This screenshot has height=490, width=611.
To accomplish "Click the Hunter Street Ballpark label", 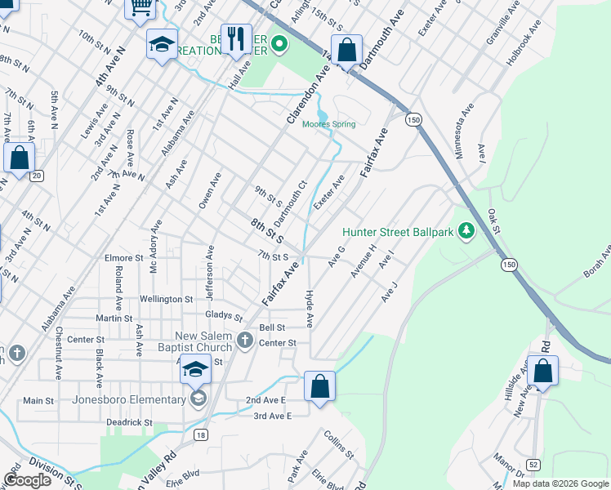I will pos(397,232).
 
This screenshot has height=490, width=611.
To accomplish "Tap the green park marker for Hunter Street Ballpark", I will pos(466,232).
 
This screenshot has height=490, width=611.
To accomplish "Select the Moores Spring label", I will pos(329,124).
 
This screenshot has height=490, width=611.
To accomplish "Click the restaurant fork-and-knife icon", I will pos(236,38).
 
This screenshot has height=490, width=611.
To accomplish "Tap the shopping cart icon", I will pos(140,7).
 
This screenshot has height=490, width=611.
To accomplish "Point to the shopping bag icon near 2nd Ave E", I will pos(320,385).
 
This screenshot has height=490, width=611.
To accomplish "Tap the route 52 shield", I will pos(533,464).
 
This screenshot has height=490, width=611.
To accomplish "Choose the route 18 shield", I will pos(200,435).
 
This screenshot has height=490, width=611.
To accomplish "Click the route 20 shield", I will pos(36,176).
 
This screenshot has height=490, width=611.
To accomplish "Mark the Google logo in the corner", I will pos(28,481).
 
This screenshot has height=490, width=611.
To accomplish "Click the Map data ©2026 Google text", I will pos(560,483).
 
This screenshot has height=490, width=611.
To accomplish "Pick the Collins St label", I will pos(338,444).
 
